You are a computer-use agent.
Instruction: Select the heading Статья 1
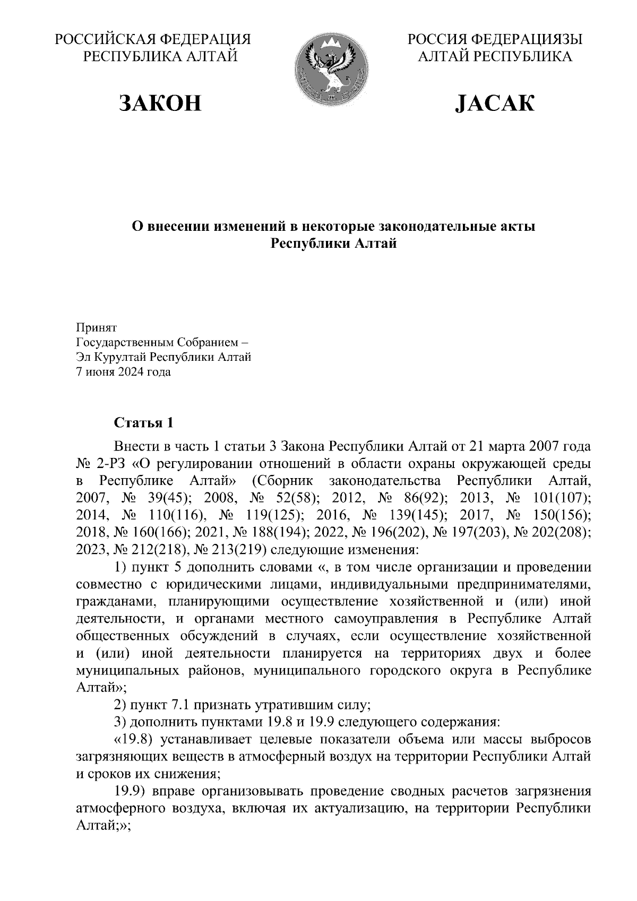(143, 423)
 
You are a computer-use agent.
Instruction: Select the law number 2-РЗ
(110, 463)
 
